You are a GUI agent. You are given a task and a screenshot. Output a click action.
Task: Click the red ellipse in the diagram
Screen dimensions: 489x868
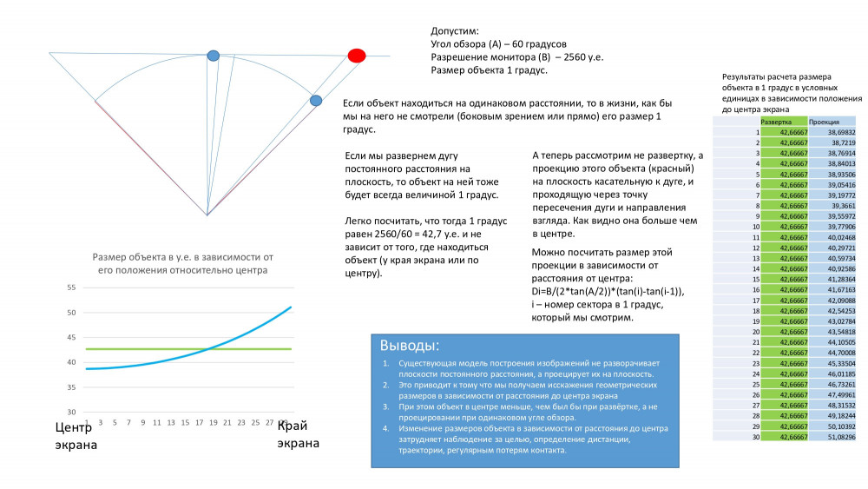tap(356, 56)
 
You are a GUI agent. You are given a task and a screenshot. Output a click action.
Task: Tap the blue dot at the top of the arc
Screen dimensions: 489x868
tap(213, 56)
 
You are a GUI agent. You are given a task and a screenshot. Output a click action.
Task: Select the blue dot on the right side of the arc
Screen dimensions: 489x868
tap(316, 101)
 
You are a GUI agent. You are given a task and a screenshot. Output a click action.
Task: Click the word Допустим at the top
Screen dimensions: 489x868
tap(455, 30)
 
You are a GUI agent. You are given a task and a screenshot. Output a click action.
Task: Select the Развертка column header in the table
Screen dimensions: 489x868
tap(776, 122)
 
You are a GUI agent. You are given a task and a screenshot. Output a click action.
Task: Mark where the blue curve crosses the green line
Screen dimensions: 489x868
tap(211, 349)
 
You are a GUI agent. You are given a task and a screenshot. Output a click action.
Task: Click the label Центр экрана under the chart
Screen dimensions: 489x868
tap(74, 435)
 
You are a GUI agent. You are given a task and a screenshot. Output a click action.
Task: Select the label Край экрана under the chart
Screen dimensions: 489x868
tap(297, 434)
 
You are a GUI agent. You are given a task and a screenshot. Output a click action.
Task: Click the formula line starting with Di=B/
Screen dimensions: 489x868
tap(608, 292)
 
